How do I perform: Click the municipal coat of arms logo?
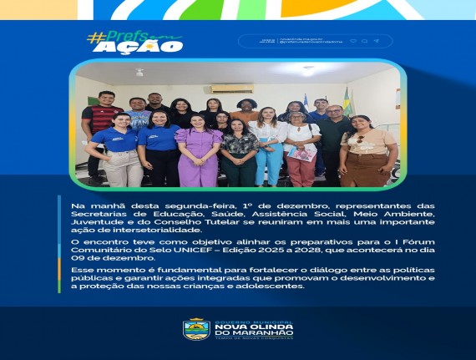195,329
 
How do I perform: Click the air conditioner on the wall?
231,87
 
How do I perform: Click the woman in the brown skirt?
367,155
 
